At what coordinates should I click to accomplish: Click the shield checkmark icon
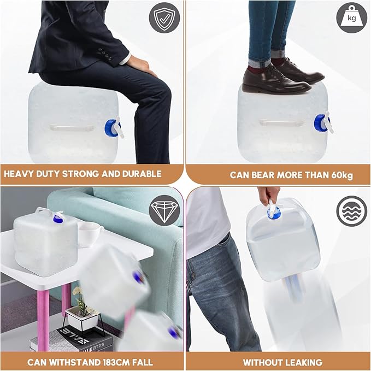point(164,17)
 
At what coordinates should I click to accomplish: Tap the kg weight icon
point(351,17)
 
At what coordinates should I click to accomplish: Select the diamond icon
point(164,210)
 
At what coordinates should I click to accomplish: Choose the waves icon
point(351,211)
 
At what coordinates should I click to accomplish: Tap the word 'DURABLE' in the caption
point(142,174)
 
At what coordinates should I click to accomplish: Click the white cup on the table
point(90,234)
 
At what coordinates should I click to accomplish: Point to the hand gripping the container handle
point(269,195)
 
